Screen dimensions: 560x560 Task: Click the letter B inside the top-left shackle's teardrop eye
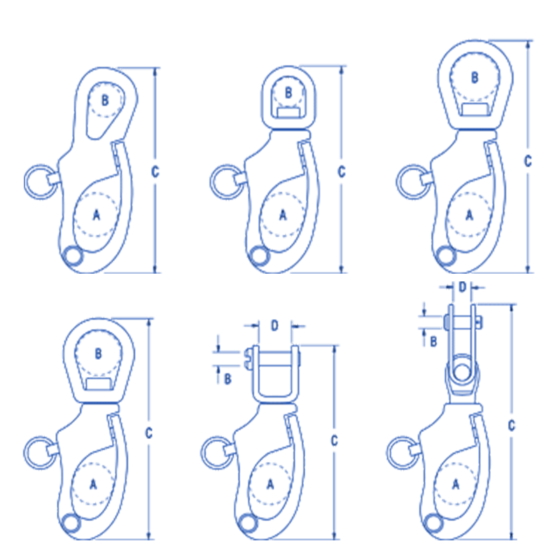(104, 101)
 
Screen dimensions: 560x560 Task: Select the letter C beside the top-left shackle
(155, 170)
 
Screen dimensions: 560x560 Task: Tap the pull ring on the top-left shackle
(36, 181)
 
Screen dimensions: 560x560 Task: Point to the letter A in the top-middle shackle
(283, 216)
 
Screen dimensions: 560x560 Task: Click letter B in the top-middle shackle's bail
(288, 92)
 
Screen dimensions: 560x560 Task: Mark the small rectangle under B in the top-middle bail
(288, 112)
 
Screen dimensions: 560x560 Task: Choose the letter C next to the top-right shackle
(528, 160)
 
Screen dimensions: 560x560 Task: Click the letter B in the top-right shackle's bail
(475, 77)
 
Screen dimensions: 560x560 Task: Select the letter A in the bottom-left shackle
(94, 483)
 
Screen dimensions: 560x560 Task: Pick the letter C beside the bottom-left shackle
(148, 433)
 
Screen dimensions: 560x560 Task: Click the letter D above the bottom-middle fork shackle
(274, 325)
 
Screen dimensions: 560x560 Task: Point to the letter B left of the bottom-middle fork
(227, 379)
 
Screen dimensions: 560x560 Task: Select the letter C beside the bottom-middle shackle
(335, 441)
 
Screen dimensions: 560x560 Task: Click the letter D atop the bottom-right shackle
(461, 287)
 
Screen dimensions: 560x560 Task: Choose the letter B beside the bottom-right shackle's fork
(433, 342)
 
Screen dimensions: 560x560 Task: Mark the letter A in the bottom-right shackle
(456, 483)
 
